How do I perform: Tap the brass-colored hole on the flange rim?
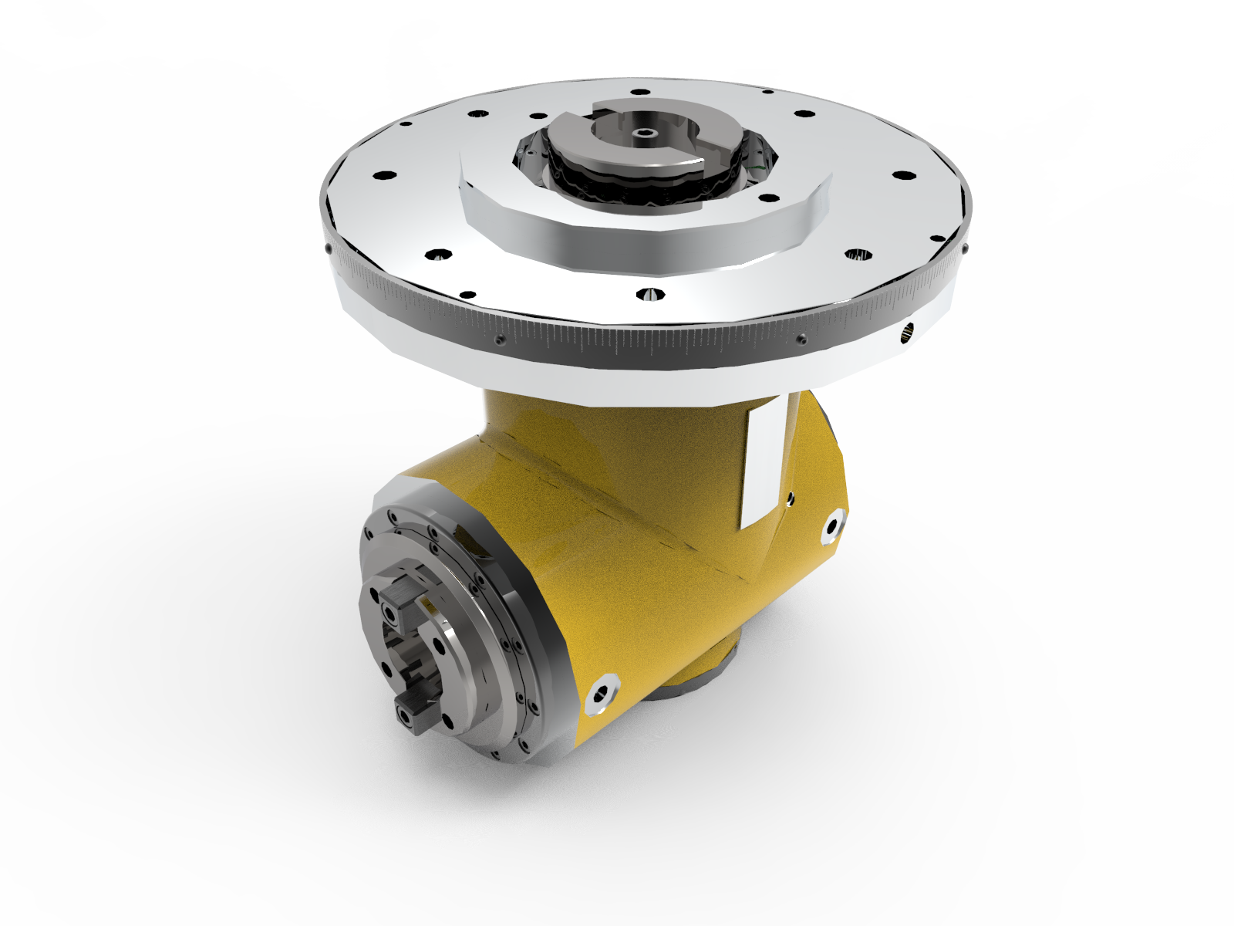coord(907,333)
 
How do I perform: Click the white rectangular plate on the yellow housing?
coord(764,463)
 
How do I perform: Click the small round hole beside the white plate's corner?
coord(791,499)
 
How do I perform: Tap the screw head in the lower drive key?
coord(406,716)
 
